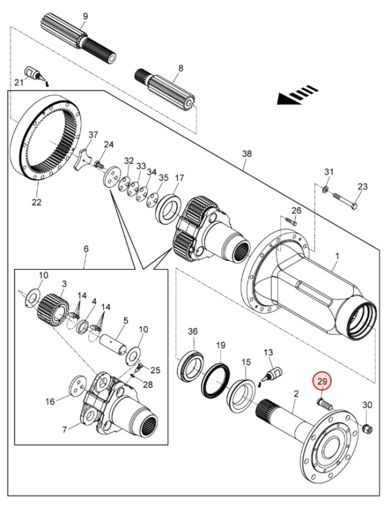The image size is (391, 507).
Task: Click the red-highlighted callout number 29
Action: [322, 381]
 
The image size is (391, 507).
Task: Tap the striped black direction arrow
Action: [298, 95]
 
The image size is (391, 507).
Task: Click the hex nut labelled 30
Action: [367, 429]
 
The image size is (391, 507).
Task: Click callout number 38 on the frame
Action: [246, 153]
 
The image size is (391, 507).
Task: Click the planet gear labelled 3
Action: [53, 310]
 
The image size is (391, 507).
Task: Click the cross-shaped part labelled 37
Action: [82, 160]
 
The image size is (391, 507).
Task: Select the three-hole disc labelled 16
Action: [78, 386]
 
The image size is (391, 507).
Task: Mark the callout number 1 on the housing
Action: [337, 256]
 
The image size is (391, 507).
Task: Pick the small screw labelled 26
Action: [292, 221]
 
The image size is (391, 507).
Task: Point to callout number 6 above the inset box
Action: [86, 249]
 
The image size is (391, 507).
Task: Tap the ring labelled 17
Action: [170, 208]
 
